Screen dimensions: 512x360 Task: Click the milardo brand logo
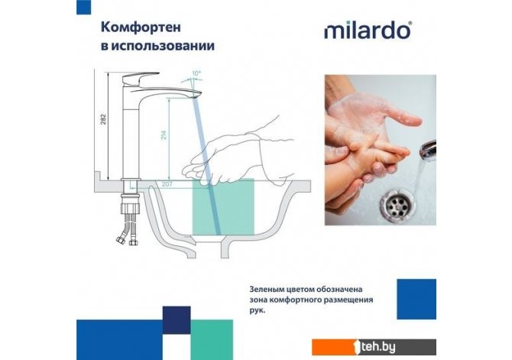pyautogui.click(x=368, y=31)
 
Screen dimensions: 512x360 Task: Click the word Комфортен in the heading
pyautogui.click(x=141, y=27)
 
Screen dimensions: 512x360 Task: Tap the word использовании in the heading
pyautogui.click(x=163, y=46)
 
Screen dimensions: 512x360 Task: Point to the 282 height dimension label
pyautogui.click(x=103, y=119)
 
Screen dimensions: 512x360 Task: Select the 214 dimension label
pyautogui.click(x=164, y=135)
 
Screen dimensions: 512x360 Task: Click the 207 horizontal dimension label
pyautogui.click(x=167, y=184)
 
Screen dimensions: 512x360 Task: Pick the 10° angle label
pyautogui.click(x=196, y=73)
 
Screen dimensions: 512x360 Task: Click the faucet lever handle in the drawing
pyautogui.click(x=141, y=78)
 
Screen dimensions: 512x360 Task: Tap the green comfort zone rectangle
pyautogui.click(x=223, y=206)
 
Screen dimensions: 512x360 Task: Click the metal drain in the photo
pyautogui.click(x=397, y=204)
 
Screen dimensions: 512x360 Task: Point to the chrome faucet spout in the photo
pyautogui.click(x=428, y=151)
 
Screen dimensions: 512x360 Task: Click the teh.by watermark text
pyautogui.click(x=378, y=347)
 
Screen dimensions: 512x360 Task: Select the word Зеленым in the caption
pyautogui.click(x=265, y=290)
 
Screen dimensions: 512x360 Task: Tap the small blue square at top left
pyautogui.click(x=83, y=7)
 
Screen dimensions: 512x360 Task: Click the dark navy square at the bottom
pyautogui.click(x=177, y=320)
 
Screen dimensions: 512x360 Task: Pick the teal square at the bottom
pyautogui.click(x=212, y=340)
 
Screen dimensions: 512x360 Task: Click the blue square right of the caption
pyautogui.click(x=416, y=299)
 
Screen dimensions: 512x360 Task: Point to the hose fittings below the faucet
pyautogui.click(x=129, y=229)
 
